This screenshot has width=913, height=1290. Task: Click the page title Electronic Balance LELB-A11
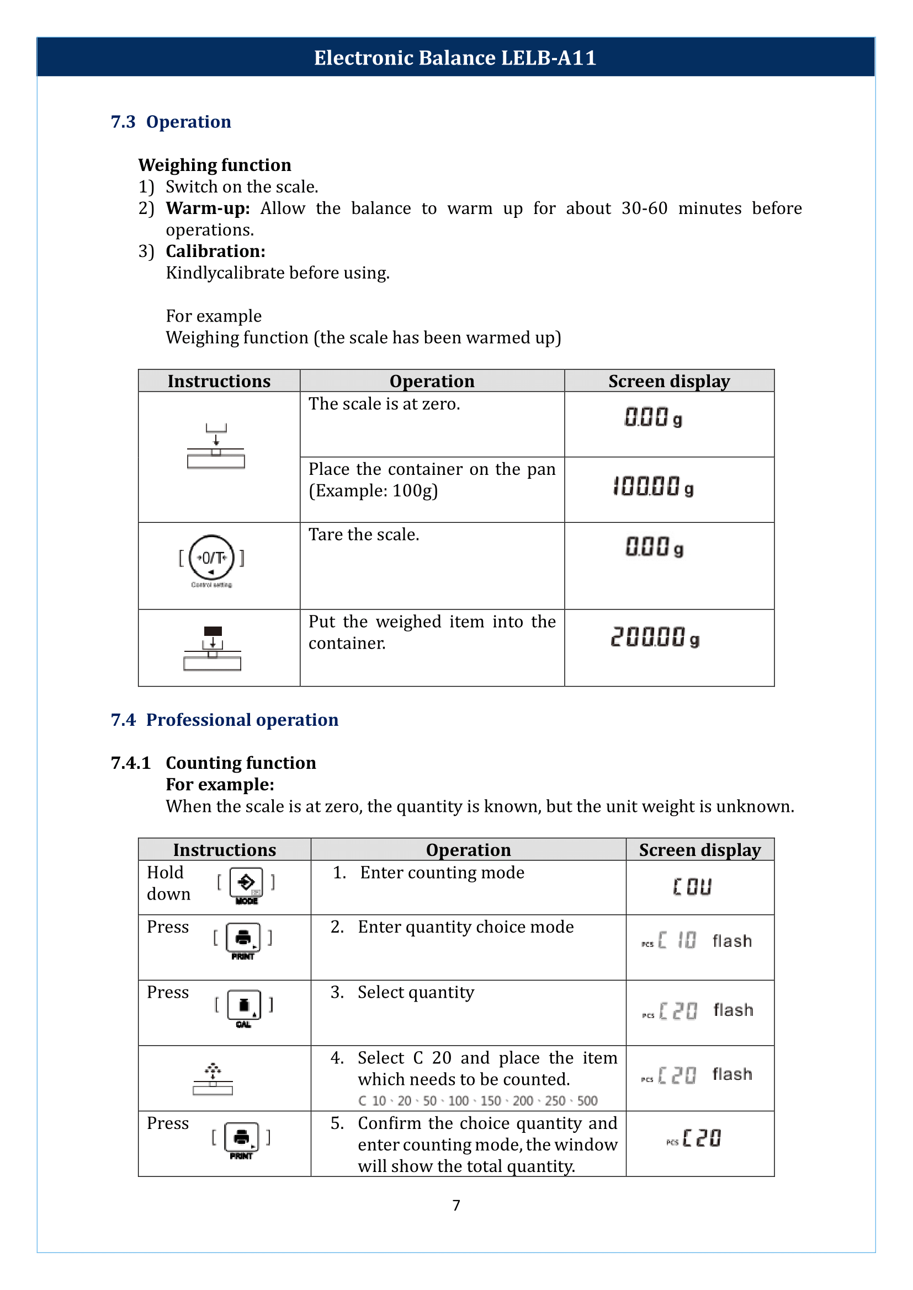pyautogui.click(x=455, y=58)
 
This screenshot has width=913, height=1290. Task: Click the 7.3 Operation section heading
pyautogui.click(x=171, y=122)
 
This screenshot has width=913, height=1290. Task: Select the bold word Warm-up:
pyautogui.click(x=208, y=208)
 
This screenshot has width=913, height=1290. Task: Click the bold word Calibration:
pyautogui.click(x=215, y=251)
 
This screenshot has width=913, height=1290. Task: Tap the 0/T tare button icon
pyautogui.click(x=211, y=558)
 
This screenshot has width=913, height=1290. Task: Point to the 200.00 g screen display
pyautogui.click(x=655, y=638)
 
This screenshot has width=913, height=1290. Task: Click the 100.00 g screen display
pyautogui.click(x=652, y=486)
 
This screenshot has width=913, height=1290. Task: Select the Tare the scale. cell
pyautogui.click(x=364, y=534)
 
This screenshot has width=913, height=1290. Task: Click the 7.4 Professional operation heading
pyautogui.click(x=224, y=720)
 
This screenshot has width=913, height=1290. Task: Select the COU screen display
pyautogui.click(x=692, y=887)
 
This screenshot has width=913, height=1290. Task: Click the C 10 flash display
pyautogui.click(x=696, y=940)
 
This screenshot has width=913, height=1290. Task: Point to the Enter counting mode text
pyautogui.click(x=442, y=873)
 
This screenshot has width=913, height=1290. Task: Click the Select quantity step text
pyautogui.click(x=416, y=992)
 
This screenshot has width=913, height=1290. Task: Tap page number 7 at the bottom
pyautogui.click(x=456, y=1205)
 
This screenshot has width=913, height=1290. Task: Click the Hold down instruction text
pyautogui.click(x=168, y=883)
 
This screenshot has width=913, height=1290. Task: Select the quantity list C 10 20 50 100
pyautogui.click(x=477, y=1101)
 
